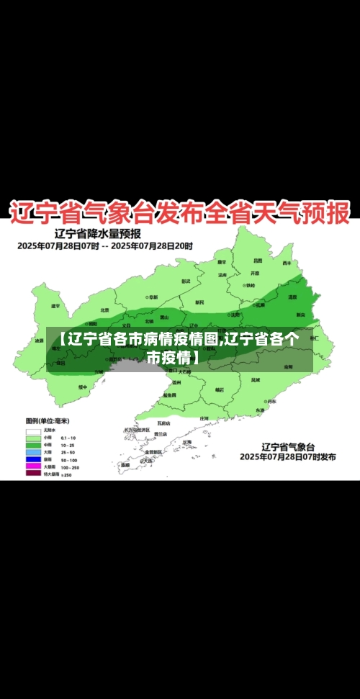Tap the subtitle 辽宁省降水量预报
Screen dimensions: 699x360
coord(97,233)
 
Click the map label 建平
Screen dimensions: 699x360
coord(55,305)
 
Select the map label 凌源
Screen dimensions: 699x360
coord(39,341)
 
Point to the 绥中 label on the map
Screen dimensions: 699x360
coord(83,387)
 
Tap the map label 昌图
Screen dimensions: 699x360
coord(258,261)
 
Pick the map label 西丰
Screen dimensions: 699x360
coord(287,263)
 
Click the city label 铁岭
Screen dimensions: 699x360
coord(249,285)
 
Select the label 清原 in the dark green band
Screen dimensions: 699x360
coord(292,297)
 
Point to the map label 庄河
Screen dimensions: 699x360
coord(204,418)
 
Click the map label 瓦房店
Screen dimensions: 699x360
coord(164,423)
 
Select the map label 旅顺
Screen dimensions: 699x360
coord(125,464)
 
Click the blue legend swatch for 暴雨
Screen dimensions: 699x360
coord(33,459)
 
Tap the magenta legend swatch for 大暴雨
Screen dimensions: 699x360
coord(33,467)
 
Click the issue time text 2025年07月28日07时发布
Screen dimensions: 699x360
coord(287,456)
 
